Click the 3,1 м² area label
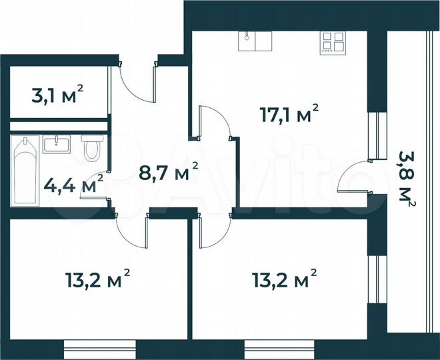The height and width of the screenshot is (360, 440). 58,94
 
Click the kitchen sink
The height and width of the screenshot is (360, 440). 255,41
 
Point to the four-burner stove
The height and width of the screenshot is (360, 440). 333,42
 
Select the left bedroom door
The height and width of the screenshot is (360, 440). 132,229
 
